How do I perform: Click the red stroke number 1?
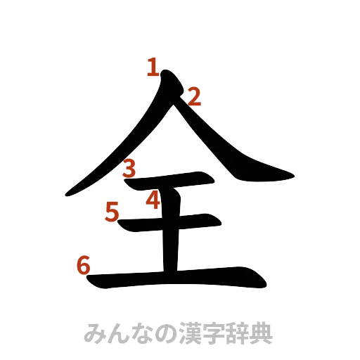pos(153,67)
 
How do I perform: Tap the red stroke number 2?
pos(193,96)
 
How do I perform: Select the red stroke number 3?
pos(129,168)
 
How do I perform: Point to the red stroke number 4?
pos(153,201)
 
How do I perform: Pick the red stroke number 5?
pos(112,211)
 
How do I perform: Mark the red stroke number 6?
pos(82,266)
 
